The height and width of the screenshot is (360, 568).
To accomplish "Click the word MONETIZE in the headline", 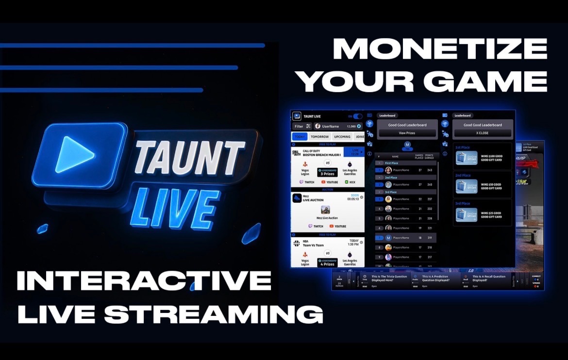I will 440,49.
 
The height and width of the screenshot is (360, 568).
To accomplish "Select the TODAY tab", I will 300,137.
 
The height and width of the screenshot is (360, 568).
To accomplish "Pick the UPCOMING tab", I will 342,137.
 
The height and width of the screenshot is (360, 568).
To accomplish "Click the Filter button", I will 302,126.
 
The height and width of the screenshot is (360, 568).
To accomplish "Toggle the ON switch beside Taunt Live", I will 357,116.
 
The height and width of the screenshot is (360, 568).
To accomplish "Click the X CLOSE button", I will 482,133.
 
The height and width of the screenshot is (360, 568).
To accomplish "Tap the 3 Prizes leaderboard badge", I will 328,172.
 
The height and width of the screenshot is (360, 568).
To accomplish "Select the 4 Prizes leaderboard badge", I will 328,262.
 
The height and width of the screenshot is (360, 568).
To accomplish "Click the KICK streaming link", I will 350,182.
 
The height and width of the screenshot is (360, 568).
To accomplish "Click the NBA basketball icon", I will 296,243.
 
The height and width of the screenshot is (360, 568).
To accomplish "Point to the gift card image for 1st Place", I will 466,159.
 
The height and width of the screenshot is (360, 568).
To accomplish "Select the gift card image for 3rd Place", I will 466,215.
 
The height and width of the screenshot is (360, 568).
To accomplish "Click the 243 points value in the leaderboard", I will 429,170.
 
